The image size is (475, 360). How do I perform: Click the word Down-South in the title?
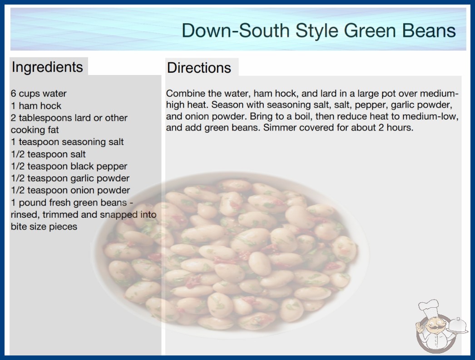click(235, 30)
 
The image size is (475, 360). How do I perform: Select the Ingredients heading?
click(47, 67)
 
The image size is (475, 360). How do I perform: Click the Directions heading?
click(199, 68)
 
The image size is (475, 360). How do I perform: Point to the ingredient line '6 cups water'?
click(39, 94)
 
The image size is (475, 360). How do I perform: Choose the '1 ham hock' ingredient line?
click(36, 105)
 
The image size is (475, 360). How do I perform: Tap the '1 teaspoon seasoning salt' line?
click(67, 142)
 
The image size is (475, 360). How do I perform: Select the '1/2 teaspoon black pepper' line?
click(69, 166)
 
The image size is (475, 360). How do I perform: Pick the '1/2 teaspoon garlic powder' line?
click(70, 178)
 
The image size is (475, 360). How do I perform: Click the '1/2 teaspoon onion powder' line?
click(70, 190)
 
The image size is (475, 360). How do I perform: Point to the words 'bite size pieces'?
click(44, 226)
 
